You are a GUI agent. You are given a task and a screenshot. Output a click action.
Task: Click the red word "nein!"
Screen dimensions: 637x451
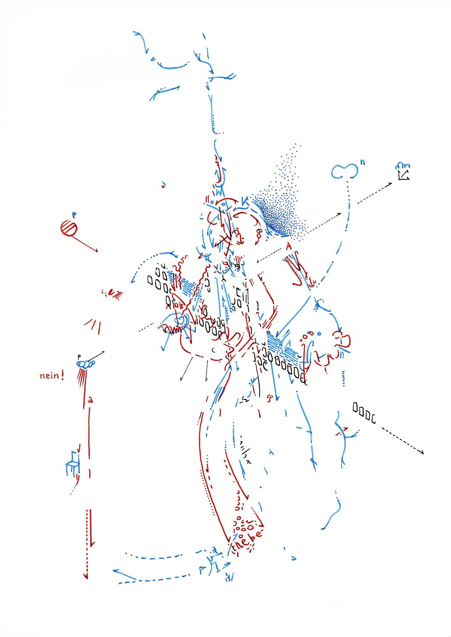[x=52, y=376]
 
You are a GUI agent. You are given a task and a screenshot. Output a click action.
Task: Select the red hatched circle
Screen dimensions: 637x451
[x=69, y=228]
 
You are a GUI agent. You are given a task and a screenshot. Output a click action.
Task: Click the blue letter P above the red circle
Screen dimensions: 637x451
[x=74, y=215]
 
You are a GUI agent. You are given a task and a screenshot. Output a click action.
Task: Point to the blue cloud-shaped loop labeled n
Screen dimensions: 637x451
[x=344, y=171]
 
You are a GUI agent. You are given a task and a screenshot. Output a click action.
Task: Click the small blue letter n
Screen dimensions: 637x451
[x=363, y=162]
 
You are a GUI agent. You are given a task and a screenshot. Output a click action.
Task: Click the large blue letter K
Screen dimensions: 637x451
[x=245, y=202]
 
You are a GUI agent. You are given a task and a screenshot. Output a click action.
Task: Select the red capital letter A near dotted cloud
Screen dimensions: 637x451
[x=289, y=246]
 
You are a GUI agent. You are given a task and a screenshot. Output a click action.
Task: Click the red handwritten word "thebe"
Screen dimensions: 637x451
[x=247, y=541]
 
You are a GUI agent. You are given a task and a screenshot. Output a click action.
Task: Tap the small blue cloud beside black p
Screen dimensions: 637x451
[x=85, y=363]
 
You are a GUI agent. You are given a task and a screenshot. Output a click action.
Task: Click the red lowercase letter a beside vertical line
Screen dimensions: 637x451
[x=91, y=400]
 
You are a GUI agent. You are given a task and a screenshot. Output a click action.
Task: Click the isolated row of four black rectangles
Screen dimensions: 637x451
[x=364, y=412]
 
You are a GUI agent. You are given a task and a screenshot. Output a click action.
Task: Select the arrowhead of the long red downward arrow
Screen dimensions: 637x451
[x=85, y=576]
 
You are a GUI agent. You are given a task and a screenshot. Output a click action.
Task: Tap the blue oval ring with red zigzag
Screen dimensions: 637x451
[x=174, y=323]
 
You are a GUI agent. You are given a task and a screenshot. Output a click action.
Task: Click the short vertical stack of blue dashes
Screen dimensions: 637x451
[x=343, y=378]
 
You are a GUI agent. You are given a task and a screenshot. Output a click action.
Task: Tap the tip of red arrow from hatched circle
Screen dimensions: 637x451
[x=97, y=252]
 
